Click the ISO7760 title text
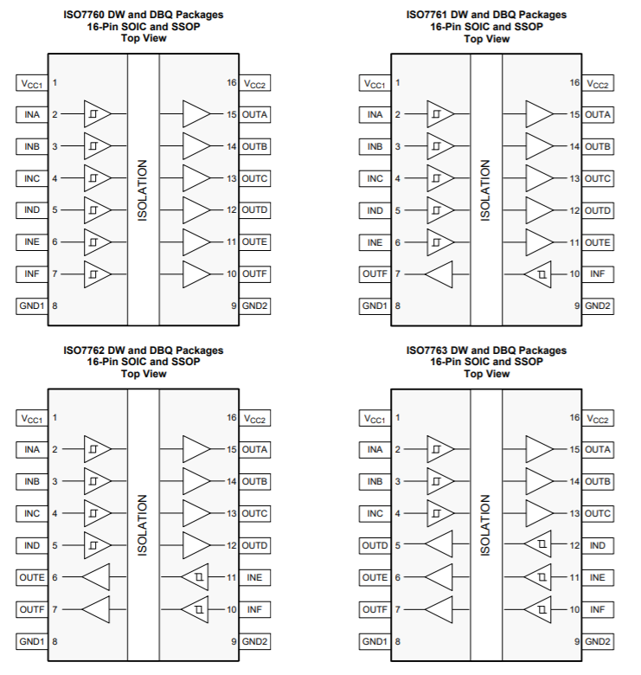144,26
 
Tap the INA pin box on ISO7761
375,114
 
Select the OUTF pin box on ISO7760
254,273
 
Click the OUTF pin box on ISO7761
375,273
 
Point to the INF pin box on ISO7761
598,273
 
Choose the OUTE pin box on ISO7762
32,577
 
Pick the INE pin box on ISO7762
254,577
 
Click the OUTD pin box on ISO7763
375,545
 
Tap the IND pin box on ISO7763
598,545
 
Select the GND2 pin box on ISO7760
254,306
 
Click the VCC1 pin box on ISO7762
32,418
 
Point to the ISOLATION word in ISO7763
485,525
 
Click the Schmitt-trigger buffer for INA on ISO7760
97,114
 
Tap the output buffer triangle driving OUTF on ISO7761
439,274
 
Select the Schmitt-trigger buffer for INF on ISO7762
195,609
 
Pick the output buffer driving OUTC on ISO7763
540,513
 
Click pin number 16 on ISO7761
575,82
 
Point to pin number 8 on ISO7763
398,641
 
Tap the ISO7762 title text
144,362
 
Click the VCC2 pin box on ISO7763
598,418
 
